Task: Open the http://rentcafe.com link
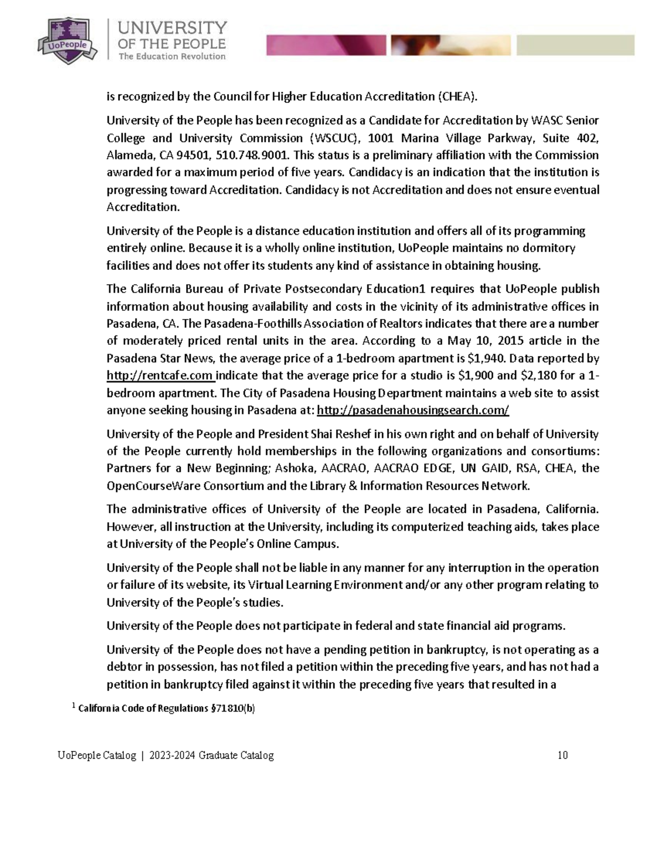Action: [160, 376]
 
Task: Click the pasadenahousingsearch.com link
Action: [413, 410]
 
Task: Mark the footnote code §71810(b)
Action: [233, 709]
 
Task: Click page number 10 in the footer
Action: [562, 756]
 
